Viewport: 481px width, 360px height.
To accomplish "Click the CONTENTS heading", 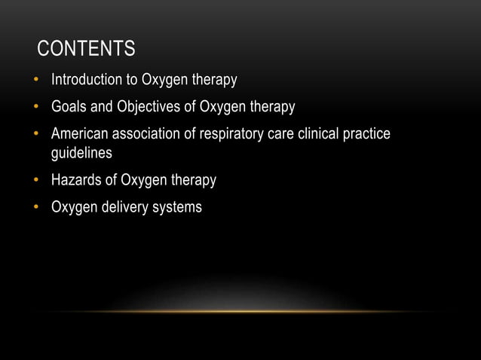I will (x=87, y=50).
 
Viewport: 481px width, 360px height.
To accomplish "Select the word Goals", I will (x=69, y=107).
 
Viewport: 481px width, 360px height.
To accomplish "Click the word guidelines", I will (x=81, y=153).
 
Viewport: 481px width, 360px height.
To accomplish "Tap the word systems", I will (x=176, y=208).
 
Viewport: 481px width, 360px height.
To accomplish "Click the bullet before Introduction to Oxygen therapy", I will (x=35, y=79).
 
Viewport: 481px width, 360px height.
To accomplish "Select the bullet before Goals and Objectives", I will (x=35, y=107).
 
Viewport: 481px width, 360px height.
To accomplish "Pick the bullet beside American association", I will (x=35, y=135).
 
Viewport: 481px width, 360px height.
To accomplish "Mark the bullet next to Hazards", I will (x=35, y=181).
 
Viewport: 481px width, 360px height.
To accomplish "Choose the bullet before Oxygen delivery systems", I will (x=35, y=207).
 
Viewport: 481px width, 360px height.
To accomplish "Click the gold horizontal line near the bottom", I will (x=240, y=311).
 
